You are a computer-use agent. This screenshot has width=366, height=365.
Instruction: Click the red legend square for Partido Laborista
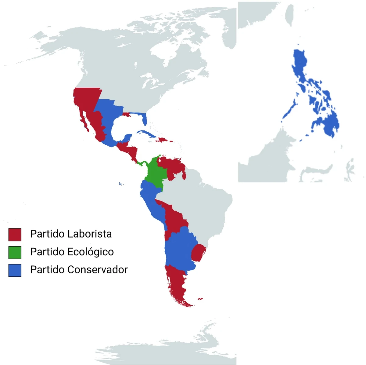coord(15,235)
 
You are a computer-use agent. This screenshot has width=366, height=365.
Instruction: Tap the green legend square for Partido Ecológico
coord(15,253)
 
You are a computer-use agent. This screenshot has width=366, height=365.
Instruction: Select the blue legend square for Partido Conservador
coord(15,270)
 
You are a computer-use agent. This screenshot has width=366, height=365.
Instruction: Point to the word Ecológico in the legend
coord(91,252)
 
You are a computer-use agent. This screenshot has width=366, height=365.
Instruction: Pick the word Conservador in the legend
coord(98,270)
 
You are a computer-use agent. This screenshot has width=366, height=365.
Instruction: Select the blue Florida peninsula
coord(145,119)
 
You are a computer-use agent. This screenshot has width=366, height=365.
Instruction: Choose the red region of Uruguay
coord(198,253)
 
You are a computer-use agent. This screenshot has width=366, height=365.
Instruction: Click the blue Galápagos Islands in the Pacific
coord(120,184)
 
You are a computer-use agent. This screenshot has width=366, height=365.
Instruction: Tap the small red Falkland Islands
coord(200,299)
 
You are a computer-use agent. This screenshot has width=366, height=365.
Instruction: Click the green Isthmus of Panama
coord(141,163)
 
